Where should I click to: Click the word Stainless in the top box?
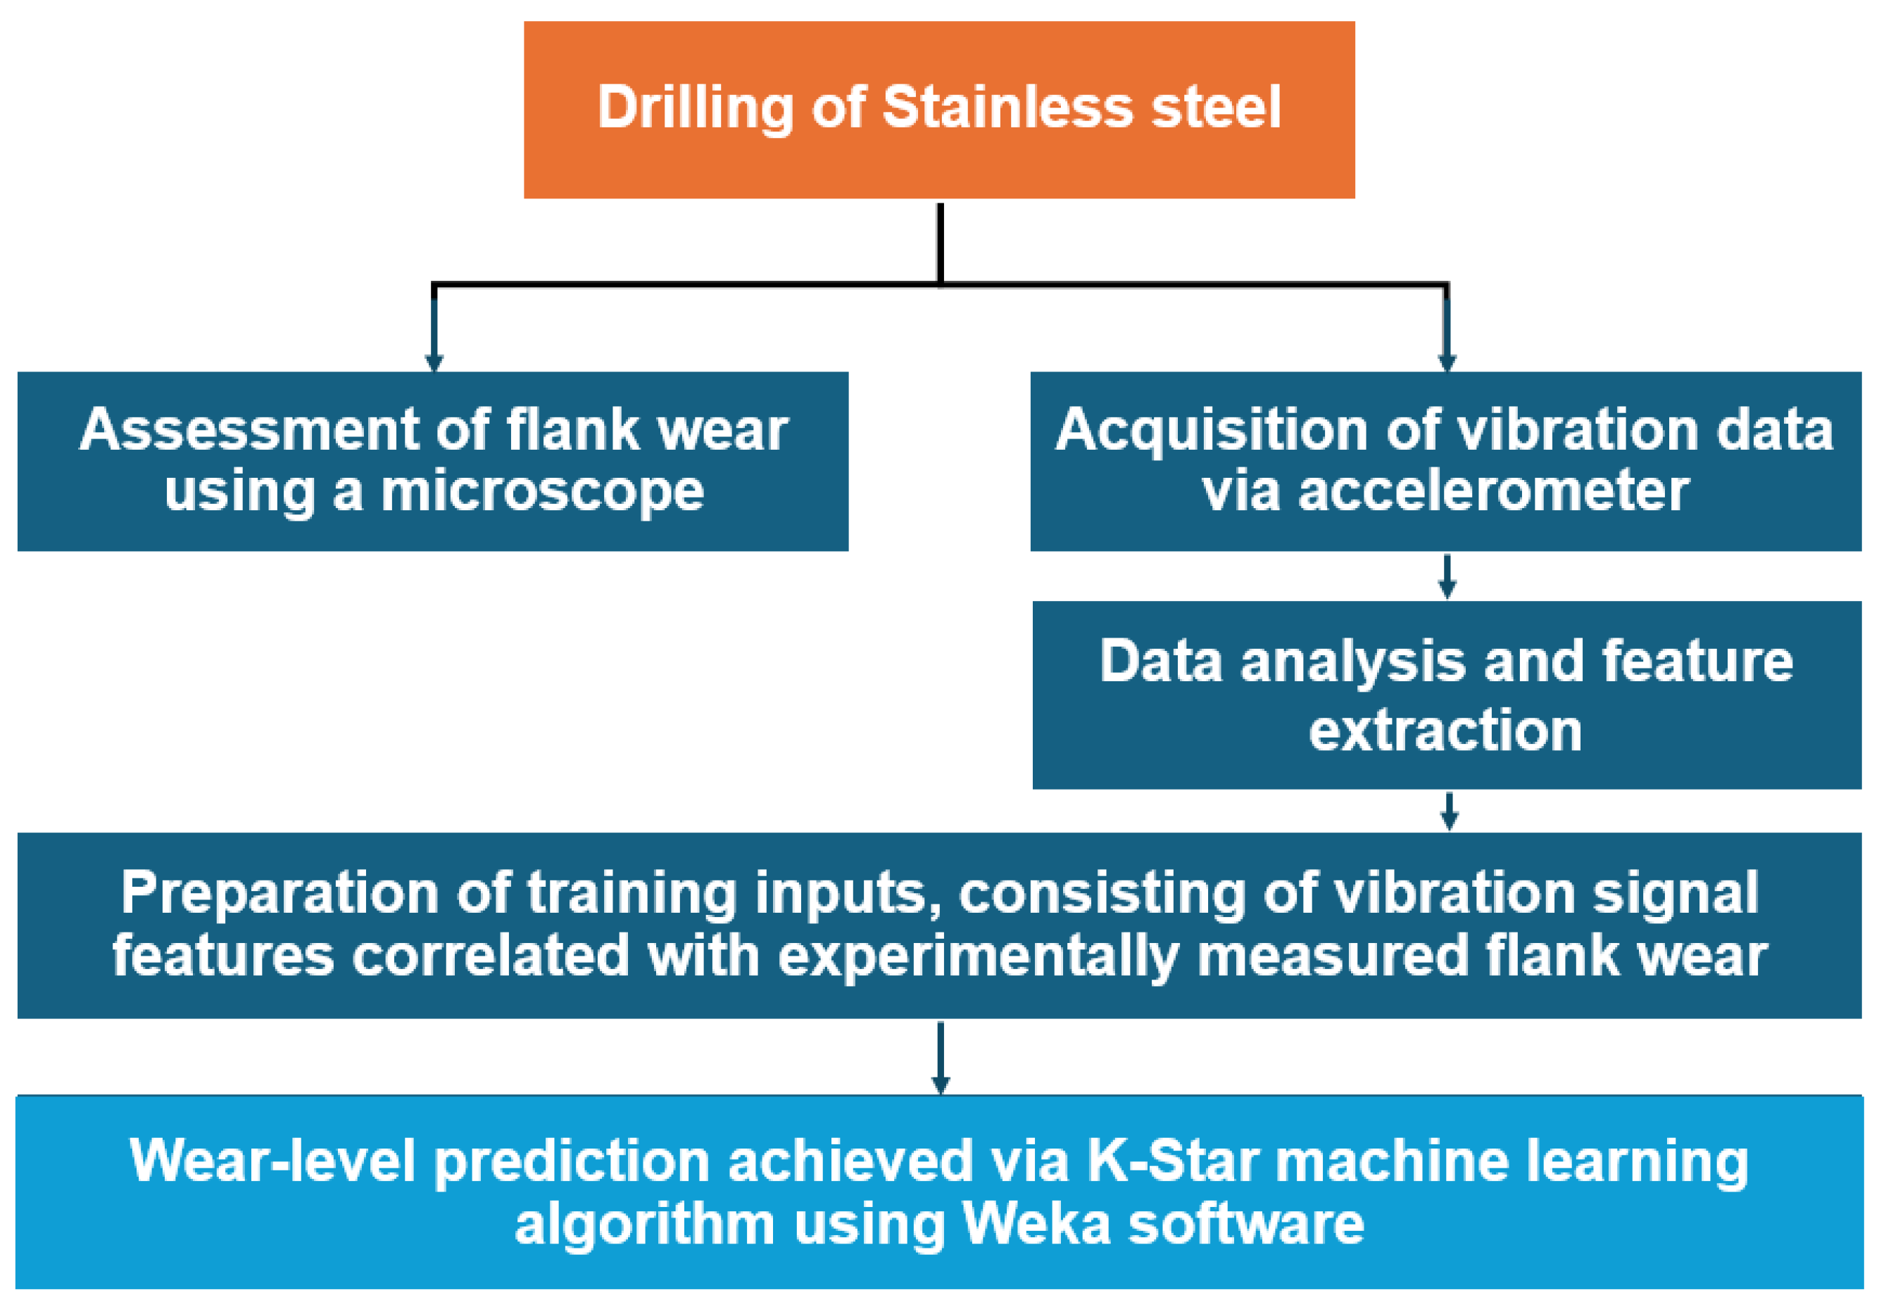pyautogui.click(x=1007, y=107)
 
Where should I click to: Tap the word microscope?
pyautogui.click(x=542, y=492)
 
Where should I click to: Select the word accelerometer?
pyautogui.click(x=1493, y=492)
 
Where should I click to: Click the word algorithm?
pyautogui.click(x=645, y=1225)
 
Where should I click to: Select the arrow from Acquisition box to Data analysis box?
pyautogui.click(x=1447, y=577)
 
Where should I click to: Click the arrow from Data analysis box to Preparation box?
pyautogui.click(x=1449, y=811)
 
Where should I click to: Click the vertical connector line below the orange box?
pyautogui.click(x=941, y=243)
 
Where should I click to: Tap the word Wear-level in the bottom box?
pyautogui.click(x=272, y=1161)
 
